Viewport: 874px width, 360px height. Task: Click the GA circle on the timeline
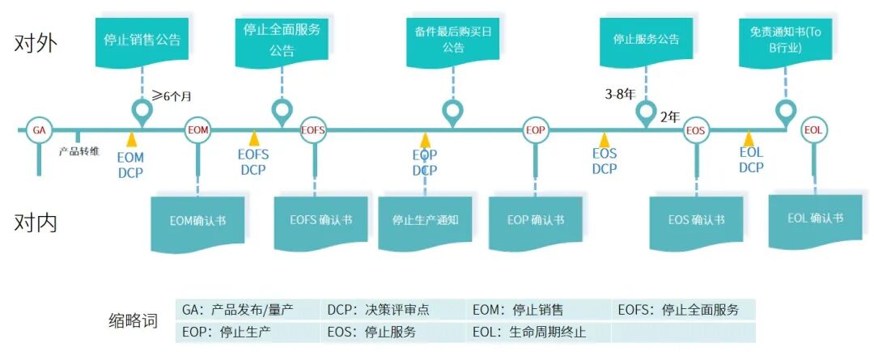pyautogui.click(x=39, y=129)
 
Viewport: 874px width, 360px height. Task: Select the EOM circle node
pyautogui.click(x=197, y=129)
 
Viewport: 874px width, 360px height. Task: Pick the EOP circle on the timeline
pyautogui.click(x=535, y=130)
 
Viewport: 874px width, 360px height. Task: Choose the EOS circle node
pyautogui.click(x=696, y=130)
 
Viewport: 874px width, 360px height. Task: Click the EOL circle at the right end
pyautogui.click(x=814, y=130)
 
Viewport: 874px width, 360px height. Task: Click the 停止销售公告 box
pyautogui.click(x=142, y=39)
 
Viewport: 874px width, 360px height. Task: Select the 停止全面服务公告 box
pyautogui.click(x=282, y=40)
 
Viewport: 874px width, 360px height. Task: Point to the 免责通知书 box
pyautogui.click(x=784, y=40)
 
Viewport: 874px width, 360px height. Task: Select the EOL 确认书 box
pyautogui.click(x=815, y=218)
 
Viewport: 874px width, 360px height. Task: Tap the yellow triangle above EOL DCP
pyautogui.click(x=749, y=139)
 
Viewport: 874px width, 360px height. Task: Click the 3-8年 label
pyautogui.click(x=621, y=94)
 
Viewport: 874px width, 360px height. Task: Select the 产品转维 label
pyautogui.click(x=79, y=151)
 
